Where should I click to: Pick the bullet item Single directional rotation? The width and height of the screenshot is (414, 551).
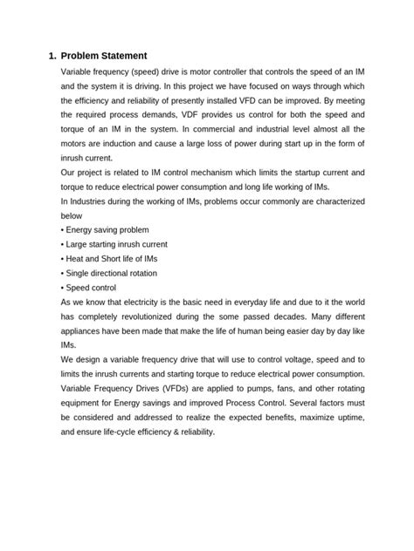[x=112, y=273]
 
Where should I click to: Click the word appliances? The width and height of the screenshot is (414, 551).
[x=84, y=330]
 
